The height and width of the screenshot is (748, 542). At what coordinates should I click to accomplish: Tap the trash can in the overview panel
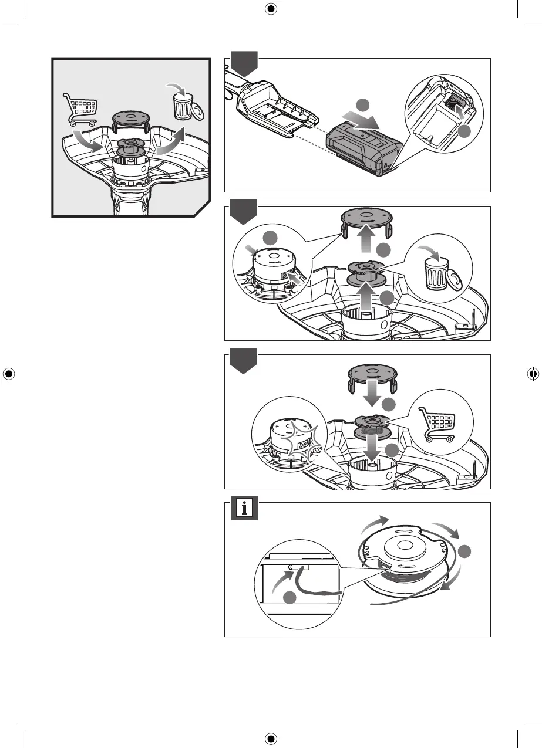[183, 106]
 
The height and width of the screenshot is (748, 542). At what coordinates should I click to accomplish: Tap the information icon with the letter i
[244, 507]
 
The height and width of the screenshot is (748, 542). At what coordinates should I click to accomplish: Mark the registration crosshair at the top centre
[271, 9]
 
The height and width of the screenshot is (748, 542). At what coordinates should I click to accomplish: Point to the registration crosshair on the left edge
[9, 374]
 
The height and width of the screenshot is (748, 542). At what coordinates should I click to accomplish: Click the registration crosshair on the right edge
[533, 374]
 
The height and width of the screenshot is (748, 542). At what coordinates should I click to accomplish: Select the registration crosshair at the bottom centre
[271, 738]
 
